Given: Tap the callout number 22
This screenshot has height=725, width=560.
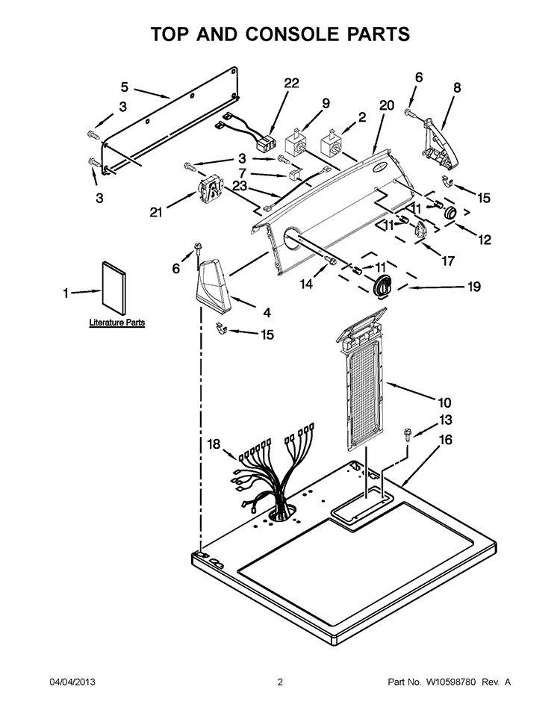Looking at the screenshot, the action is (291, 83).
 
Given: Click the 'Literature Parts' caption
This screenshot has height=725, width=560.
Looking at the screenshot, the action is (117, 323).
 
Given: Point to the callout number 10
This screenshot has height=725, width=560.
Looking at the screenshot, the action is (444, 402).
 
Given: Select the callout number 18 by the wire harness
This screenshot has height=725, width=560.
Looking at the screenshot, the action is (214, 444).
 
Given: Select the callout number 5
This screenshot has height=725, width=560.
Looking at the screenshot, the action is (125, 87).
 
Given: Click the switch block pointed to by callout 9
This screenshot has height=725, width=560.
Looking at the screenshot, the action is (295, 143).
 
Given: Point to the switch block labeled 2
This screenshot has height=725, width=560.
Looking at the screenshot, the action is (331, 143).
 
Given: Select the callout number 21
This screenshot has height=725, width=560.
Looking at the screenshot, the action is (156, 213).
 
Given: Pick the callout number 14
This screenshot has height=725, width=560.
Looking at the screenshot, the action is (306, 284).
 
